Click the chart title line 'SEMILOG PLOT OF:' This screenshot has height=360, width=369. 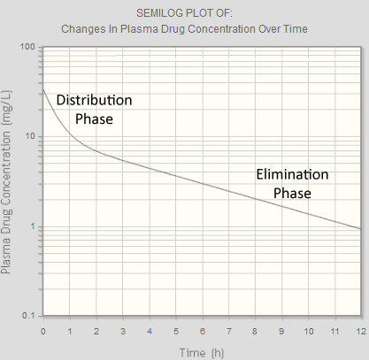[x=185, y=13]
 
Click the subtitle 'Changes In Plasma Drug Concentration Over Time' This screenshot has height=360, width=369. [x=185, y=28]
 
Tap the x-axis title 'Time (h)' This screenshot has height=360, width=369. [x=202, y=352]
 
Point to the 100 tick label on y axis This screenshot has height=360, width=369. [x=27, y=46]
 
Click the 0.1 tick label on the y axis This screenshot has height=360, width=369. [x=27, y=317]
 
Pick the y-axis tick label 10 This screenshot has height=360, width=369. [x=30, y=136]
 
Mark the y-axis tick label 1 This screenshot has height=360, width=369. [x=33, y=226]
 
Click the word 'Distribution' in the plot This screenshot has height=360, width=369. [x=94, y=100]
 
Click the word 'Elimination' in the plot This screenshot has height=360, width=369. [x=291, y=174]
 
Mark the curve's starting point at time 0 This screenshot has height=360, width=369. [x=43, y=88]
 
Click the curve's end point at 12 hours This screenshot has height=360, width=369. [x=360, y=229]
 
